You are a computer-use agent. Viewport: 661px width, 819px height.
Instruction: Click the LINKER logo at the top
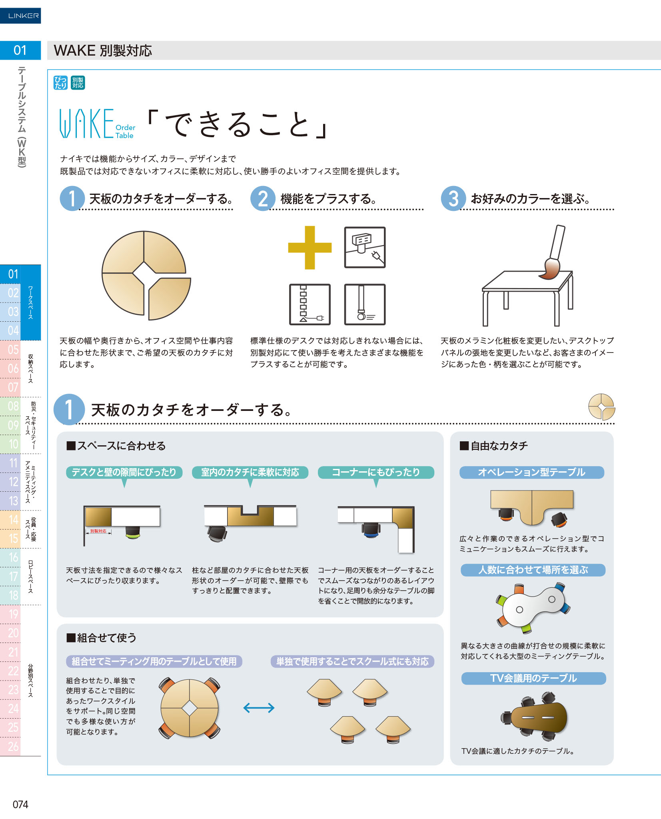pos(20,16)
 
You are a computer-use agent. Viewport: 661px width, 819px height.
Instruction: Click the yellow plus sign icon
pos(310,248)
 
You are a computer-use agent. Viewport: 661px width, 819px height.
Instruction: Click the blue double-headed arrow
pos(259,708)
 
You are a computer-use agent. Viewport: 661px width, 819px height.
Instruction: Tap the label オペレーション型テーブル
pos(531,472)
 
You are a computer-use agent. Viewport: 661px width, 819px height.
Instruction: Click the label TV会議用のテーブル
pos(533,678)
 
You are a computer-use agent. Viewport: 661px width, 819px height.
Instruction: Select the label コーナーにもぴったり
pos(376,472)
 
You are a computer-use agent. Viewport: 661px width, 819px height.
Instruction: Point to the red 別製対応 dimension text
pos(98,531)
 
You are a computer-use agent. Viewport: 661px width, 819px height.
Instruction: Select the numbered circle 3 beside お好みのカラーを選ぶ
pos(453,198)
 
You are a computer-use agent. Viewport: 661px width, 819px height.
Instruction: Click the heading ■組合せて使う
pos(102,637)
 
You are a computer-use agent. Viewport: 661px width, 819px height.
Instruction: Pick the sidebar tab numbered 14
pos(14,520)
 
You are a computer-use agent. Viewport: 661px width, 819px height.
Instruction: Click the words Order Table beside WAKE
pos(125,131)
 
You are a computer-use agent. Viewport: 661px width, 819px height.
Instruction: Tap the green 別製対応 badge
pos(78,83)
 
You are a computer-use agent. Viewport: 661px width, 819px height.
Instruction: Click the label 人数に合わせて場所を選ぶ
pos(533,570)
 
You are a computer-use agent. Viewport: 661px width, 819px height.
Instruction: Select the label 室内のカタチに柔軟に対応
pos(250,472)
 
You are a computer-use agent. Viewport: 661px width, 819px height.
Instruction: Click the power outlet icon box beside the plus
pos(365,247)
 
